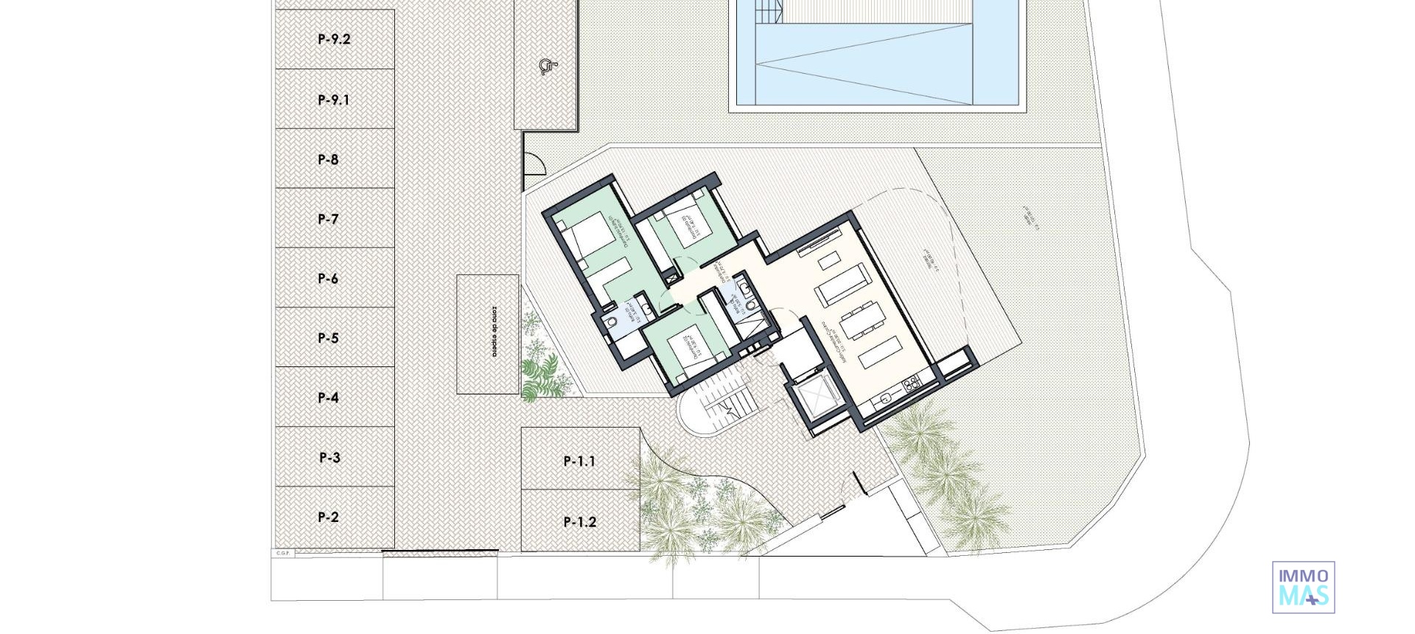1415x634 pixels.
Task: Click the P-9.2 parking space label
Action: click(334, 39)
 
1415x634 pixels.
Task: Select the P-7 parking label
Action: click(328, 219)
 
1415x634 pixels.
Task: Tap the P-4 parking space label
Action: click(328, 397)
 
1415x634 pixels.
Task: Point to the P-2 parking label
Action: click(328, 517)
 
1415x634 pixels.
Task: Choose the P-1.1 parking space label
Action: click(579, 461)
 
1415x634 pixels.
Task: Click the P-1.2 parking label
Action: click(579, 522)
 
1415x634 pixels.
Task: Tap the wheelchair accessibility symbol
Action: click(546, 67)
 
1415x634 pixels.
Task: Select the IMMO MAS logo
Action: click(1303, 587)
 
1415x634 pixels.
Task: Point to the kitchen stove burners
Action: click(912, 383)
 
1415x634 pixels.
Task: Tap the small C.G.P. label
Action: click(283, 553)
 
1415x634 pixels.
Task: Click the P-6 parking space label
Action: click(328, 279)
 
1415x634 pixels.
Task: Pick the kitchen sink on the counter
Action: click(885, 399)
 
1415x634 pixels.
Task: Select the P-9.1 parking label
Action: click(334, 100)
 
